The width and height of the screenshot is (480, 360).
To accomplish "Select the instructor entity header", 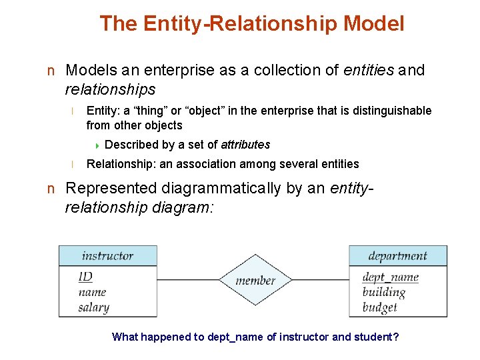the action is pos(108,255).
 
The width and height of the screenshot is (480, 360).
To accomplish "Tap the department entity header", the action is pos(397,255).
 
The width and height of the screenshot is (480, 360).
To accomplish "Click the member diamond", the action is pos(255,280).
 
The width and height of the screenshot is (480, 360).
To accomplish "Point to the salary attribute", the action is pos(93,307).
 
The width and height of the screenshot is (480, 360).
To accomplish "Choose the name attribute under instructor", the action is pos(92,292).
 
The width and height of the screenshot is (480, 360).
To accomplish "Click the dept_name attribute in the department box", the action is pos(390,277).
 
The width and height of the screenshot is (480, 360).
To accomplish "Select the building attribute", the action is pos(383,292).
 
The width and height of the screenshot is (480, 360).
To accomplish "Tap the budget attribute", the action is pos(379,307).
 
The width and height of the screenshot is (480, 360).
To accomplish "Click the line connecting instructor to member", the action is pos(188,279).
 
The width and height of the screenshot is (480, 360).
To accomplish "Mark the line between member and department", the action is pos(321,279).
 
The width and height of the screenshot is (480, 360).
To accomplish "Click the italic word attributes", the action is pos(245,145).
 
